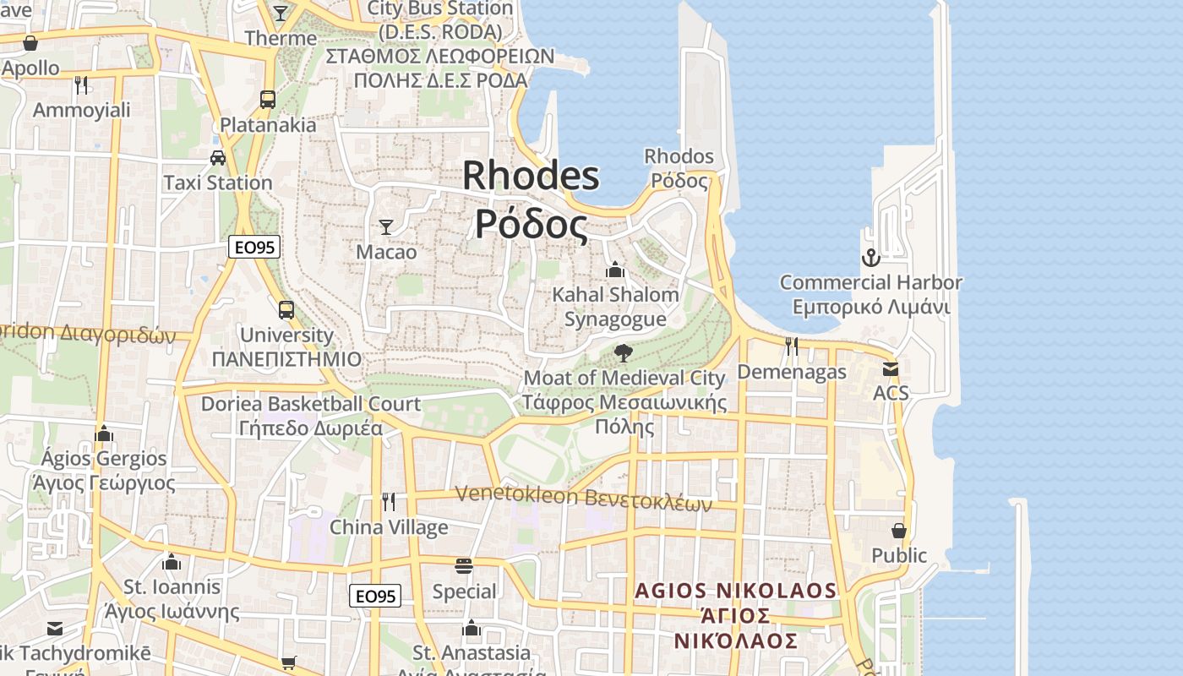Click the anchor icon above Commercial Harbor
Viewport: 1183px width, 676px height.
point(870,257)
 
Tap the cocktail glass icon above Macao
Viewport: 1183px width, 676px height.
point(386,226)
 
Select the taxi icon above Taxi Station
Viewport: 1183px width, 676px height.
point(217,157)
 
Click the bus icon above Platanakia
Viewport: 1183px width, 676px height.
point(268,99)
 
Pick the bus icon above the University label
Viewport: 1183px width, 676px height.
point(286,309)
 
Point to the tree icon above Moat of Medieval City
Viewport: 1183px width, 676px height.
point(624,352)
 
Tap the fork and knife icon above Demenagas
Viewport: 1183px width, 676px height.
point(791,346)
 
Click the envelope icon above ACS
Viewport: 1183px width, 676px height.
point(891,368)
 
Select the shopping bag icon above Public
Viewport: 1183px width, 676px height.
point(899,530)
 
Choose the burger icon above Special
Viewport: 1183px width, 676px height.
point(464,565)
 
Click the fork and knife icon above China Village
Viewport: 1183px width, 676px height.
point(389,501)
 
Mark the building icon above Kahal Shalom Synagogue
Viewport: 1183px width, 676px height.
point(615,270)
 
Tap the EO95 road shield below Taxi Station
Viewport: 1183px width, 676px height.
point(254,248)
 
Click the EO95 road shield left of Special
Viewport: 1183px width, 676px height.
point(375,596)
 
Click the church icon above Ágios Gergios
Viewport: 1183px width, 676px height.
point(104,433)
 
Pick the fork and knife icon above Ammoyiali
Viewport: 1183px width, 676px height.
point(81,84)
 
